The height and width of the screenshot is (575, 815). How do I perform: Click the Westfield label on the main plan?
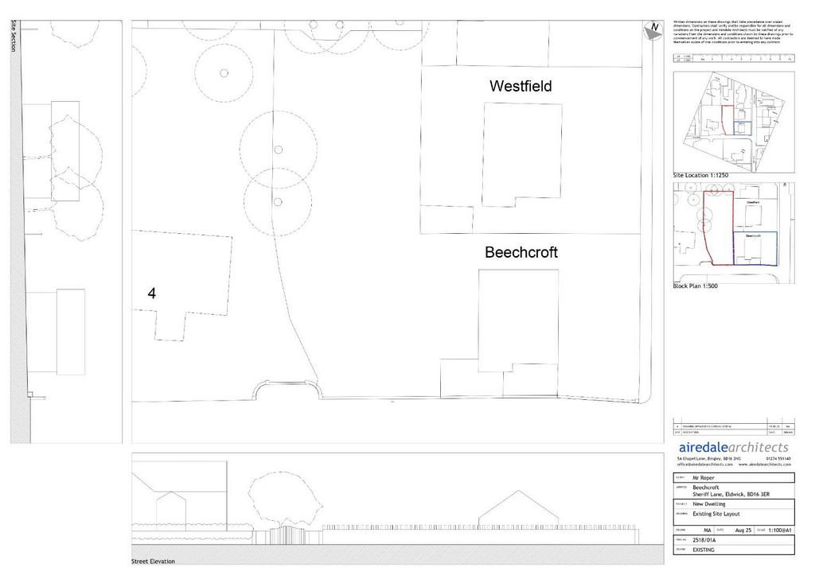click(521, 86)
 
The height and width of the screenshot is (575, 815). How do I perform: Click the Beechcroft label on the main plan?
click(521, 253)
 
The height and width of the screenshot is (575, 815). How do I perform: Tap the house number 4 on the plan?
click(152, 293)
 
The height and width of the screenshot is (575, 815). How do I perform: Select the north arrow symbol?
click(653, 29)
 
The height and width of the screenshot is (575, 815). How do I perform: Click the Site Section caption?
click(14, 37)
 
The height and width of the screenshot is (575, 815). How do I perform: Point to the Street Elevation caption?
click(153, 561)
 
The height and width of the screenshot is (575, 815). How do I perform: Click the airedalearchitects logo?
click(732, 448)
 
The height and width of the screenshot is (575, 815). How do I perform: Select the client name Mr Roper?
click(704, 478)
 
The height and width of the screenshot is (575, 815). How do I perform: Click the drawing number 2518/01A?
click(707, 539)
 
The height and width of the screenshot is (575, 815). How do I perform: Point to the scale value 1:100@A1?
click(780, 530)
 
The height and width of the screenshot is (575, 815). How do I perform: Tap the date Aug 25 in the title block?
click(743, 530)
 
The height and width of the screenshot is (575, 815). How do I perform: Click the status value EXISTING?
click(704, 550)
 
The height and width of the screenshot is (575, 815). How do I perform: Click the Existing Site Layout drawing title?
click(716, 515)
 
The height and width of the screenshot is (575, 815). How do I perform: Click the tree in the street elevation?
click(282, 497)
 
